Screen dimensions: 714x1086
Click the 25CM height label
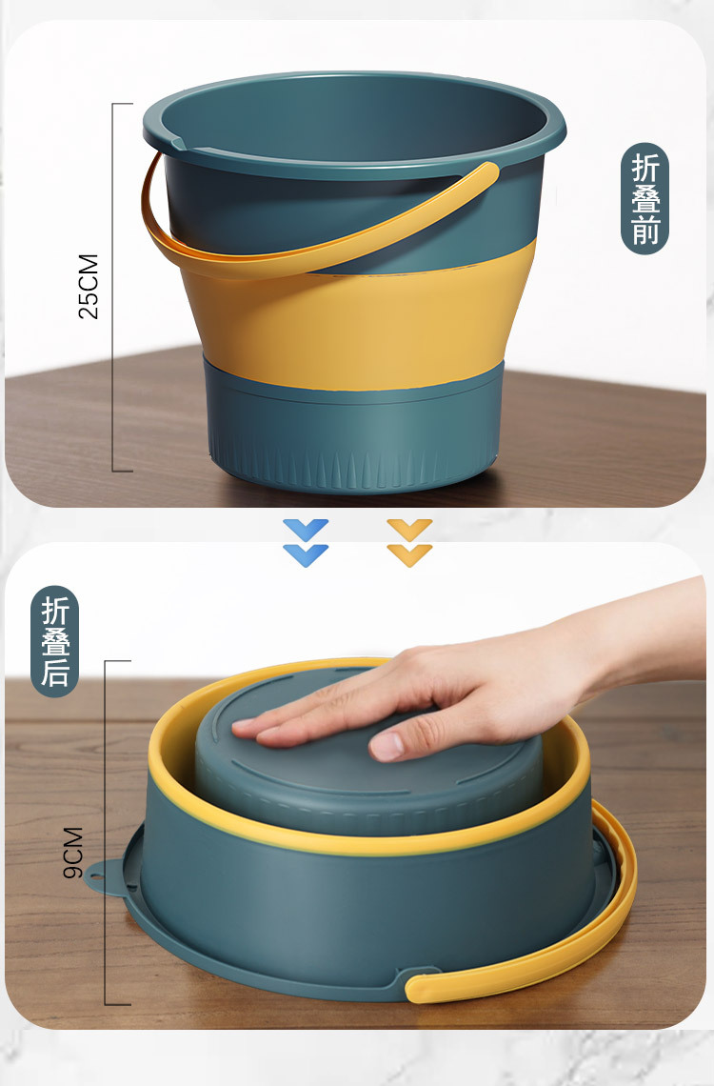pyautogui.click(x=89, y=287)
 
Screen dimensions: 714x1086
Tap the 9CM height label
pyautogui.click(x=73, y=853)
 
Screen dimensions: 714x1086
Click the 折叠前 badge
pyautogui.click(x=645, y=199)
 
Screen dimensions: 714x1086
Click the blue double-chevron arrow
pyautogui.click(x=306, y=543)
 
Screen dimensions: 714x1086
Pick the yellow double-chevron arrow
pyautogui.click(x=409, y=543)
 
